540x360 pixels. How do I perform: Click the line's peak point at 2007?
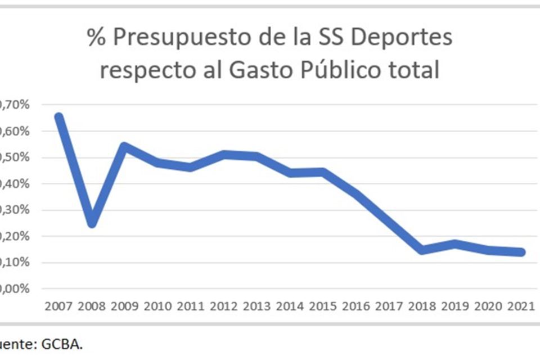click(58, 117)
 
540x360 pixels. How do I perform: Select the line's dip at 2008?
click(92, 224)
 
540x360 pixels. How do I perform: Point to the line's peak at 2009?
click(125, 146)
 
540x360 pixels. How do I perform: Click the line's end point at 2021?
click(521, 253)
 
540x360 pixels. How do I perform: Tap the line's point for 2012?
click(224, 154)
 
